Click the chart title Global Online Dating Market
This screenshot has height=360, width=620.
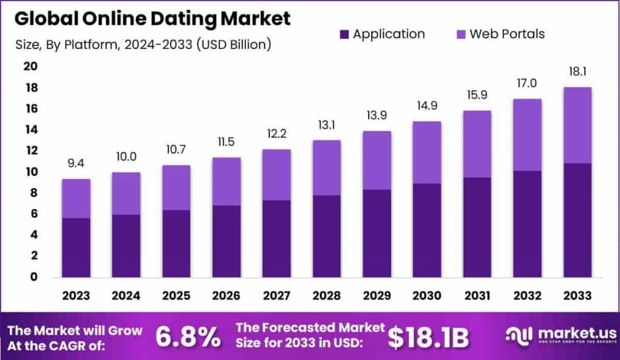tap(153, 18)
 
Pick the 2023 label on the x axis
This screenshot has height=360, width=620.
tap(76, 296)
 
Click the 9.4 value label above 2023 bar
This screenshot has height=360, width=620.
tap(76, 163)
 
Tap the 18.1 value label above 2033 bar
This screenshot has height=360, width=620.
tap(577, 71)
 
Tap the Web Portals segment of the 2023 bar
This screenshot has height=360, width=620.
tap(76, 198)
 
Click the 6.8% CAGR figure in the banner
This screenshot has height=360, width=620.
tap(188, 338)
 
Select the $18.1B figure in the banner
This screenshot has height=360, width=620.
tap(428, 338)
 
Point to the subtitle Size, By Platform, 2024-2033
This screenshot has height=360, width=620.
tap(142, 44)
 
